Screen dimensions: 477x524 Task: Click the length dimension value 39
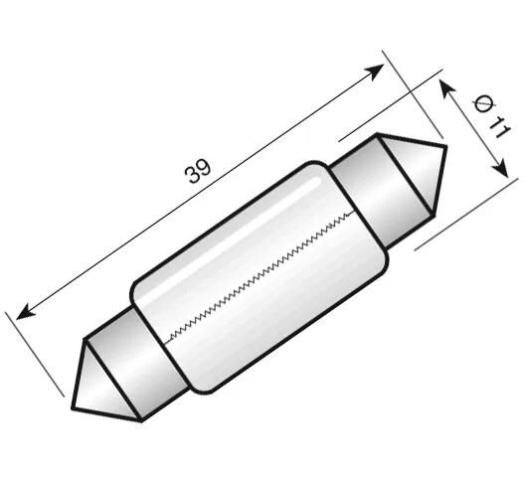click(x=198, y=171)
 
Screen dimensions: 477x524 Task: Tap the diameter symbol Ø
click(x=482, y=104)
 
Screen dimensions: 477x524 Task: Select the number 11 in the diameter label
click(x=496, y=127)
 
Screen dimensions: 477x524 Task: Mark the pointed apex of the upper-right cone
click(x=444, y=148)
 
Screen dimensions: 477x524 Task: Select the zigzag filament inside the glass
click(x=263, y=275)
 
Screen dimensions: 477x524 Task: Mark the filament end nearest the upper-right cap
click(x=354, y=213)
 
